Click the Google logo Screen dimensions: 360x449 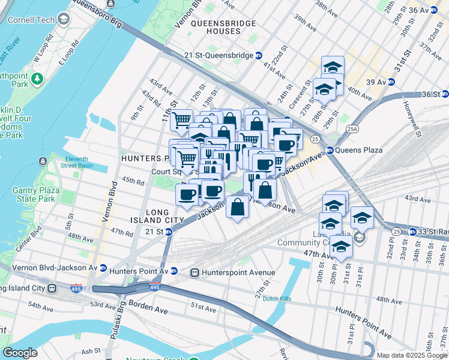click(20, 353)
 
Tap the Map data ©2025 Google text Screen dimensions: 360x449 click(411, 355)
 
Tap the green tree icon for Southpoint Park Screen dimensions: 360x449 click(37, 78)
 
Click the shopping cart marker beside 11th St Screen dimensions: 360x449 click(181, 120)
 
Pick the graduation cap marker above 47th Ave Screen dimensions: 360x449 click(341, 247)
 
